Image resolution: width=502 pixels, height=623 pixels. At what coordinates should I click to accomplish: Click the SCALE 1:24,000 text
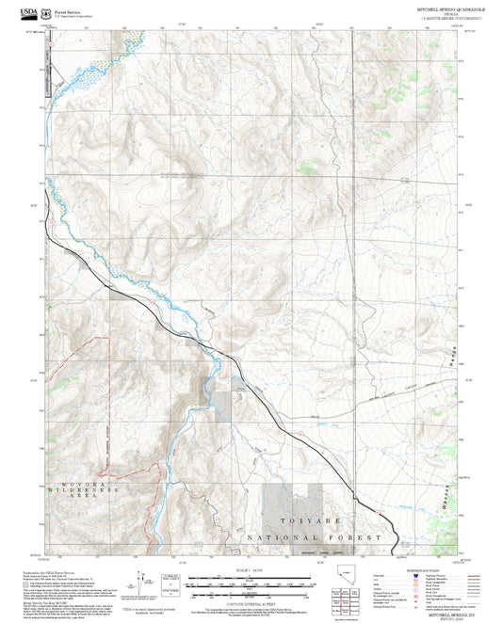[251, 570]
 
